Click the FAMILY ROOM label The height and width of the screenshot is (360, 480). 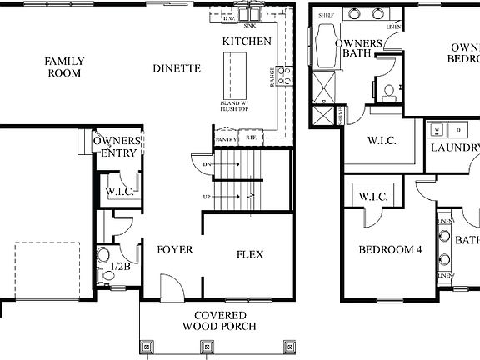tap(63, 67)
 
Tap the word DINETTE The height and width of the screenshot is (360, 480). tap(177, 68)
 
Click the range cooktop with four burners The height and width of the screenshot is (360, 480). tap(283, 76)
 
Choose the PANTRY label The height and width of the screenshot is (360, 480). tap(226, 139)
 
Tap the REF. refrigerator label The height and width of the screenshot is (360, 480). tap(250, 139)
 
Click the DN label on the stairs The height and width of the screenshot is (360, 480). tap(208, 164)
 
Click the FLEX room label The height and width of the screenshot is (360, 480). tap(249, 253)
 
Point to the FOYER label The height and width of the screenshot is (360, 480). tap(175, 249)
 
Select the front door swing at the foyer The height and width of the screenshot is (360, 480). tap(171, 287)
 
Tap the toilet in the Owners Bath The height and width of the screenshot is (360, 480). tap(387, 92)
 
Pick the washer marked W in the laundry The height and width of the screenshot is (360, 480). tap(436, 131)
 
